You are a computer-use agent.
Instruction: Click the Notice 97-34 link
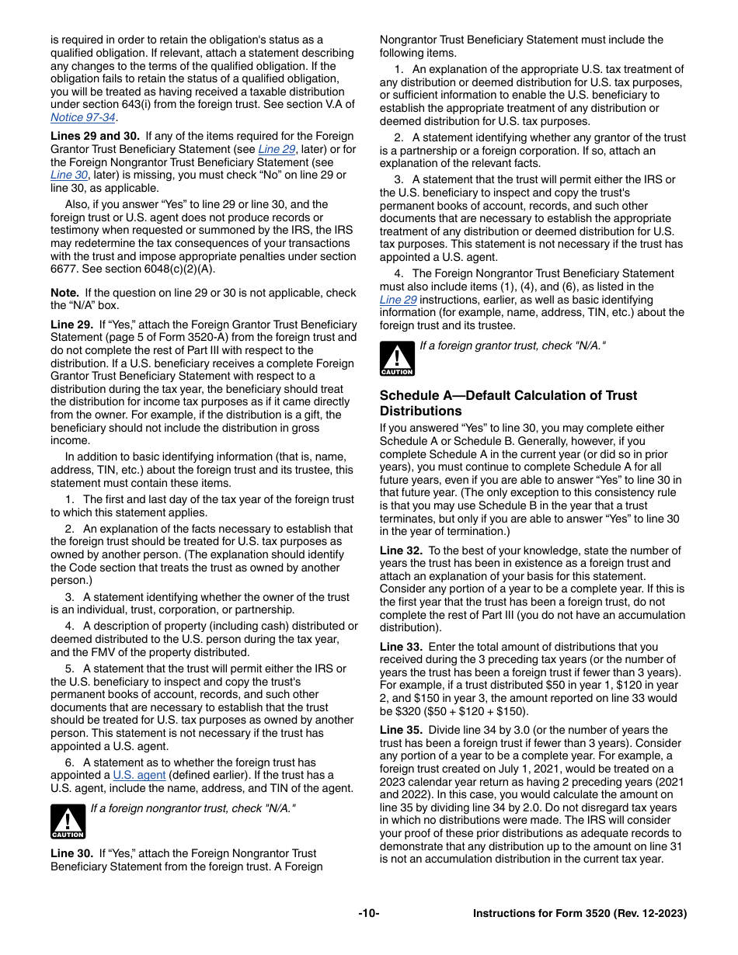pyautogui.click(x=83, y=118)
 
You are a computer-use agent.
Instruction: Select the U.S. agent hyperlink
pyautogui.click(x=139, y=775)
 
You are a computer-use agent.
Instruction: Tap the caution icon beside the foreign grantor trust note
pyautogui.click(x=397, y=359)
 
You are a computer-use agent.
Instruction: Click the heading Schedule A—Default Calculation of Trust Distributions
pyautogui.click(x=508, y=403)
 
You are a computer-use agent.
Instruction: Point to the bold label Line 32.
pyautogui.click(x=401, y=550)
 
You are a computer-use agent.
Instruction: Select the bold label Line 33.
pyautogui.click(x=401, y=647)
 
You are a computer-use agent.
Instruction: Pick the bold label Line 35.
pyautogui.click(x=401, y=730)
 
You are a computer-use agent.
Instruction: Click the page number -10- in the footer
pyautogui.click(x=369, y=914)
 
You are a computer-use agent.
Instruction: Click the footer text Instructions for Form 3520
pyautogui.click(x=580, y=914)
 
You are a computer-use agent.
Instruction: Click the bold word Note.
pyautogui.click(x=64, y=293)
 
